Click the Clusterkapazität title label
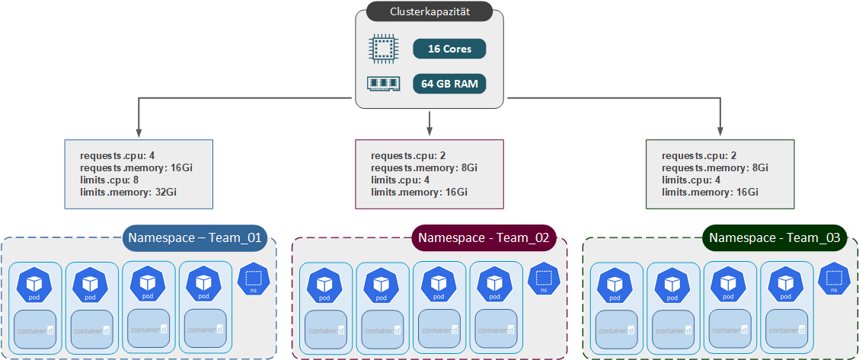coord(429,13)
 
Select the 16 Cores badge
coord(449,49)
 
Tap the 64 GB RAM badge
coord(449,84)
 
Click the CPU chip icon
coord(382,49)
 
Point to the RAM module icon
coord(382,84)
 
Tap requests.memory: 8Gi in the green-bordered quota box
coord(715,168)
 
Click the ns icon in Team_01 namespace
coord(254,280)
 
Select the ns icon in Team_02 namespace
coord(543,280)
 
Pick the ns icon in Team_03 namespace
coord(834,280)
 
